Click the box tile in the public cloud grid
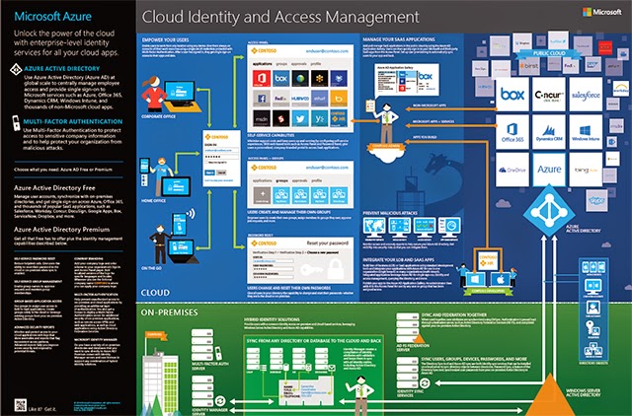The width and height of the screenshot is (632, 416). click(512, 95)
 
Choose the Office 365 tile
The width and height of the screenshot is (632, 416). click(512, 134)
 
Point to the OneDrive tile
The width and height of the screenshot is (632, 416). click(512, 171)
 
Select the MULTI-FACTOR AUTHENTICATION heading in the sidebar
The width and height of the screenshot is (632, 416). click(77, 116)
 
